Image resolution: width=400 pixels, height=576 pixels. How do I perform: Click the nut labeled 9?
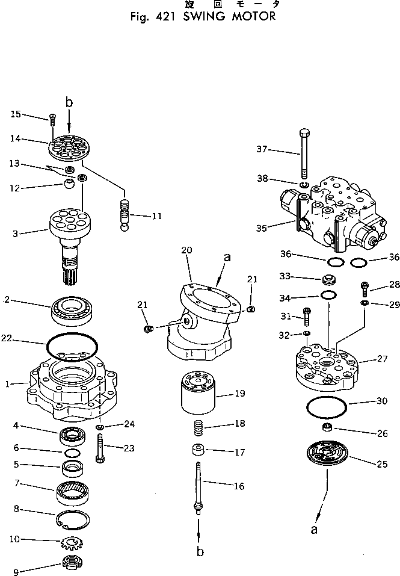point(72,563)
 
